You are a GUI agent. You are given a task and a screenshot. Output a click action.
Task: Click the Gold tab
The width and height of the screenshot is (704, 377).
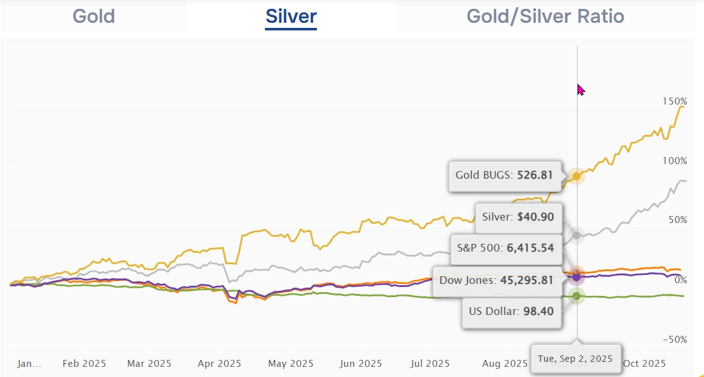click(94, 16)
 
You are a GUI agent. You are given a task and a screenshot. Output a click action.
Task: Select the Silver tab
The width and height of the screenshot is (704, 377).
click(291, 16)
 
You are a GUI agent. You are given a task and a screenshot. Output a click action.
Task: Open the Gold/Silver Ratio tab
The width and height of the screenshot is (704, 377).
click(545, 16)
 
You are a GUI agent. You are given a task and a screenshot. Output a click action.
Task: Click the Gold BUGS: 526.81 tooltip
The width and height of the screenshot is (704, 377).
click(504, 175)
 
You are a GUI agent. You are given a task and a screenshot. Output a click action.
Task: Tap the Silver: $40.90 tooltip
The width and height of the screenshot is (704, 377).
click(518, 217)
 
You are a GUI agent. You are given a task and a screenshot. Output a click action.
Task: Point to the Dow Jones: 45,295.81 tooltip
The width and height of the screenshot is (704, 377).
click(496, 279)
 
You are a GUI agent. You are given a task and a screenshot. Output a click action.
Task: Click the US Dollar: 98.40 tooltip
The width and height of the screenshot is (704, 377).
click(511, 312)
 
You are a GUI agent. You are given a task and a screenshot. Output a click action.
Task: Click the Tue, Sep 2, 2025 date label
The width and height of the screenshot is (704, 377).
click(575, 359)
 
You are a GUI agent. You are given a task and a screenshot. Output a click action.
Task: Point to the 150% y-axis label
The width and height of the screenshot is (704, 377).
click(675, 101)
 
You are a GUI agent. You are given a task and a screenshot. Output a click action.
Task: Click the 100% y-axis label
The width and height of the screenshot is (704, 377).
click(675, 161)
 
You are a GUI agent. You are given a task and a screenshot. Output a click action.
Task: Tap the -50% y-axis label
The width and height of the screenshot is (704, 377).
click(675, 340)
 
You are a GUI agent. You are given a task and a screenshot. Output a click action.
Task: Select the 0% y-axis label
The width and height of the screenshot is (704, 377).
click(679, 280)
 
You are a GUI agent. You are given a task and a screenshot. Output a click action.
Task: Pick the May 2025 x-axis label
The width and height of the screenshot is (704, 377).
click(291, 364)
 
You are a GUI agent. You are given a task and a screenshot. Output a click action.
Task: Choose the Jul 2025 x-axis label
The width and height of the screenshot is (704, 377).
click(430, 364)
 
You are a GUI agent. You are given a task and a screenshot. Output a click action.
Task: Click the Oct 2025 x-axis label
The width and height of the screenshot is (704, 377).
click(644, 364)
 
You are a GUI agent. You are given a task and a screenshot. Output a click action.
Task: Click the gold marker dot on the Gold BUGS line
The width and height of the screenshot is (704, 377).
click(576, 176)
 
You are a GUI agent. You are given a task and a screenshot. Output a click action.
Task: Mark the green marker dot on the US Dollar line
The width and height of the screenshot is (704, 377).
click(576, 296)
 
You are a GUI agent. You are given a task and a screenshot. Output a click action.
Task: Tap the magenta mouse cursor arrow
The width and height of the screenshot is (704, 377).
click(580, 89)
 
